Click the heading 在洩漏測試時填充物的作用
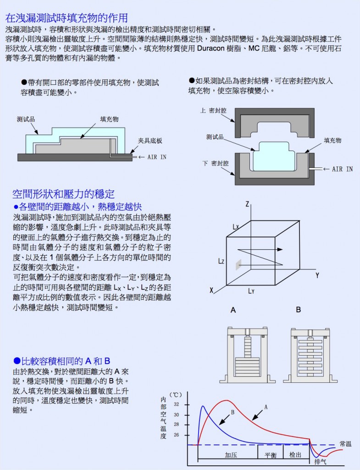pyautogui.click(x=66, y=18)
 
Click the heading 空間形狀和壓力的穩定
pyautogui.click(x=63, y=194)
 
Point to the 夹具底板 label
pyautogui.click(x=150, y=141)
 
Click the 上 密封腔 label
pyautogui.click(x=213, y=111)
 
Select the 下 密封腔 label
pyautogui.click(x=216, y=163)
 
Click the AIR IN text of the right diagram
pyautogui.click(x=342, y=169)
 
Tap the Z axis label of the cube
pyautogui.click(x=247, y=204)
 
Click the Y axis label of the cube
pyautogui.click(x=317, y=275)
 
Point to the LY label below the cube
pyautogui.click(x=251, y=291)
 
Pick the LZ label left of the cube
pyautogui.click(x=221, y=261)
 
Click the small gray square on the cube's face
pyautogui.click(x=238, y=265)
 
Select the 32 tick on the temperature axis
pyautogui.click(x=177, y=404)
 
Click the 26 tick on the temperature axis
pyautogui.click(x=177, y=435)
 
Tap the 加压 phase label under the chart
pyautogui.click(x=231, y=455)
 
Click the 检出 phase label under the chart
pyautogui.click(x=295, y=455)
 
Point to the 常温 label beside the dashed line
pyautogui.click(x=345, y=444)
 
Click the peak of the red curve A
pyautogui.click(x=227, y=400)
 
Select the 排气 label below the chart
pyautogui.click(x=320, y=462)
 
